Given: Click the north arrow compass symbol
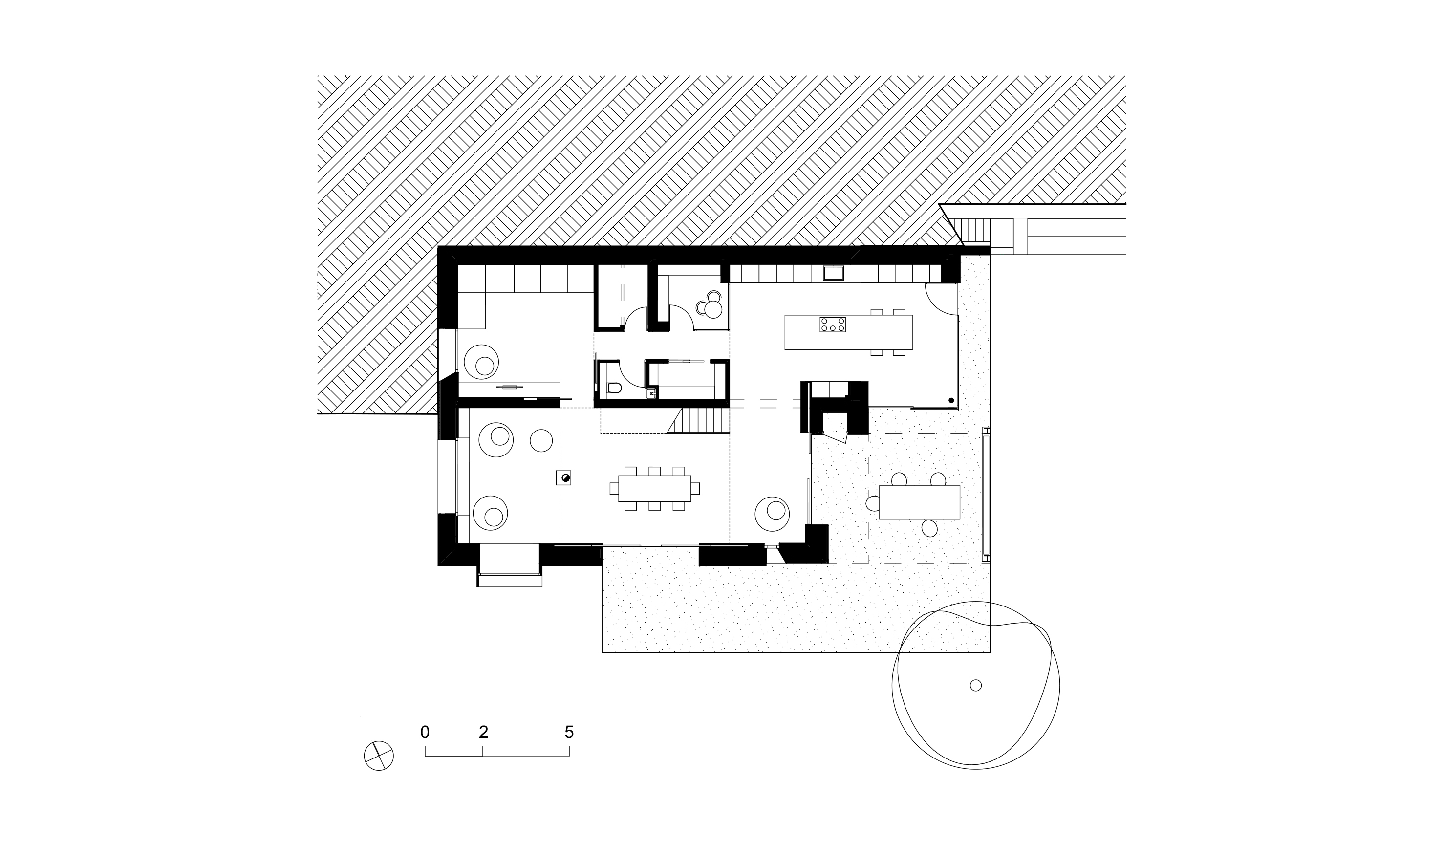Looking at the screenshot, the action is click(379, 756).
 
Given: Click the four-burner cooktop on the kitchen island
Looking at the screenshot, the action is click(833, 325).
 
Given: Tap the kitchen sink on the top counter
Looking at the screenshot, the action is click(833, 273).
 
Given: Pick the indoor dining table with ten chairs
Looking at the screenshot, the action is click(654, 488).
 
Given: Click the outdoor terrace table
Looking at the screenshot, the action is click(919, 502).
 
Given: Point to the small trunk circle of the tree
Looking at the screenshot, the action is click(976, 685).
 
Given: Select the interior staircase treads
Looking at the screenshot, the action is click(698, 421).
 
